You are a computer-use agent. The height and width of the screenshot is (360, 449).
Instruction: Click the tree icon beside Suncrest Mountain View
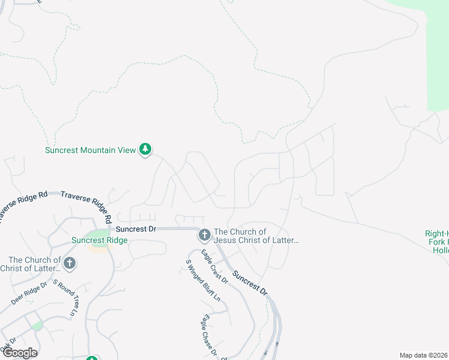(145, 149)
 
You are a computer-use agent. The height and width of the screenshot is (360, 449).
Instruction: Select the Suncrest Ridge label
(99, 241)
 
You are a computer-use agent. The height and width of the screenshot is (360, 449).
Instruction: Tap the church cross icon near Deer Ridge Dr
(70, 263)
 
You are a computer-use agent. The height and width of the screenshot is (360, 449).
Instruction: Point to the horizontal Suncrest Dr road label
(136, 229)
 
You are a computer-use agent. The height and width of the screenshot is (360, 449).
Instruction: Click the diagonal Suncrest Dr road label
(250, 282)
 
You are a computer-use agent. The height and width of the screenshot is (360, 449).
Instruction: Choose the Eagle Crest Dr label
(214, 266)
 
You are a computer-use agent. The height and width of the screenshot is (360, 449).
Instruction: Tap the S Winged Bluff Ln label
(203, 280)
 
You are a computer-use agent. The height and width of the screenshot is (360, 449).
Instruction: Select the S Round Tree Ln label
(65, 298)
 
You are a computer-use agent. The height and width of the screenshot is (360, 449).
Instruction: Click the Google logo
(19, 353)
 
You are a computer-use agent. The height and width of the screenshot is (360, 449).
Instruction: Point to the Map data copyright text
(424, 355)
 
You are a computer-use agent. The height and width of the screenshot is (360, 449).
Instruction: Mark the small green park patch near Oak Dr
(37, 325)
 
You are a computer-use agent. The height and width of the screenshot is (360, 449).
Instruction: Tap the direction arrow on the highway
(278, 344)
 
